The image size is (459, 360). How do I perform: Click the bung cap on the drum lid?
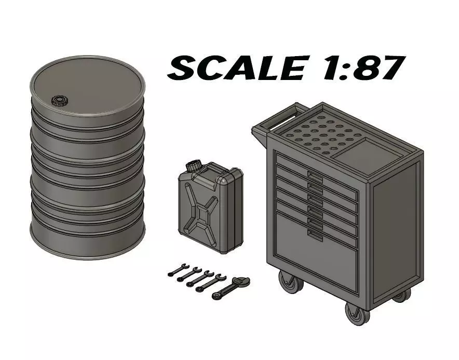click(x=59, y=100)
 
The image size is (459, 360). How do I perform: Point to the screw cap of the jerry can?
click(x=194, y=166)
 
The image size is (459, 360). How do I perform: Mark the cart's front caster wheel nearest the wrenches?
click(x=286, y=283)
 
